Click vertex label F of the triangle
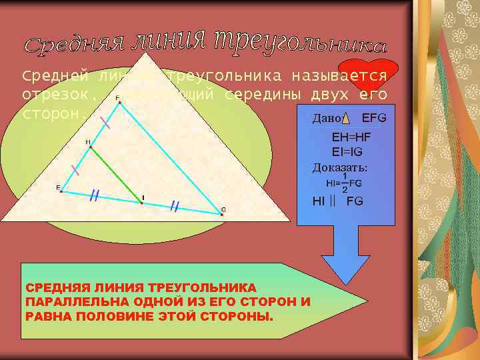point(118,97)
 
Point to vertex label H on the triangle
point(87,142)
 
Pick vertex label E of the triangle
point(58,187)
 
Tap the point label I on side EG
point(143,197)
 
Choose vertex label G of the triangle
point(223,209)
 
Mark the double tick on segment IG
point(175,206)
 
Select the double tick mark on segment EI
point(95,195)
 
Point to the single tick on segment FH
point(105,122)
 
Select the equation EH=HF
point(351,137)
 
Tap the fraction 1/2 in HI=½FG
point(345,182)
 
